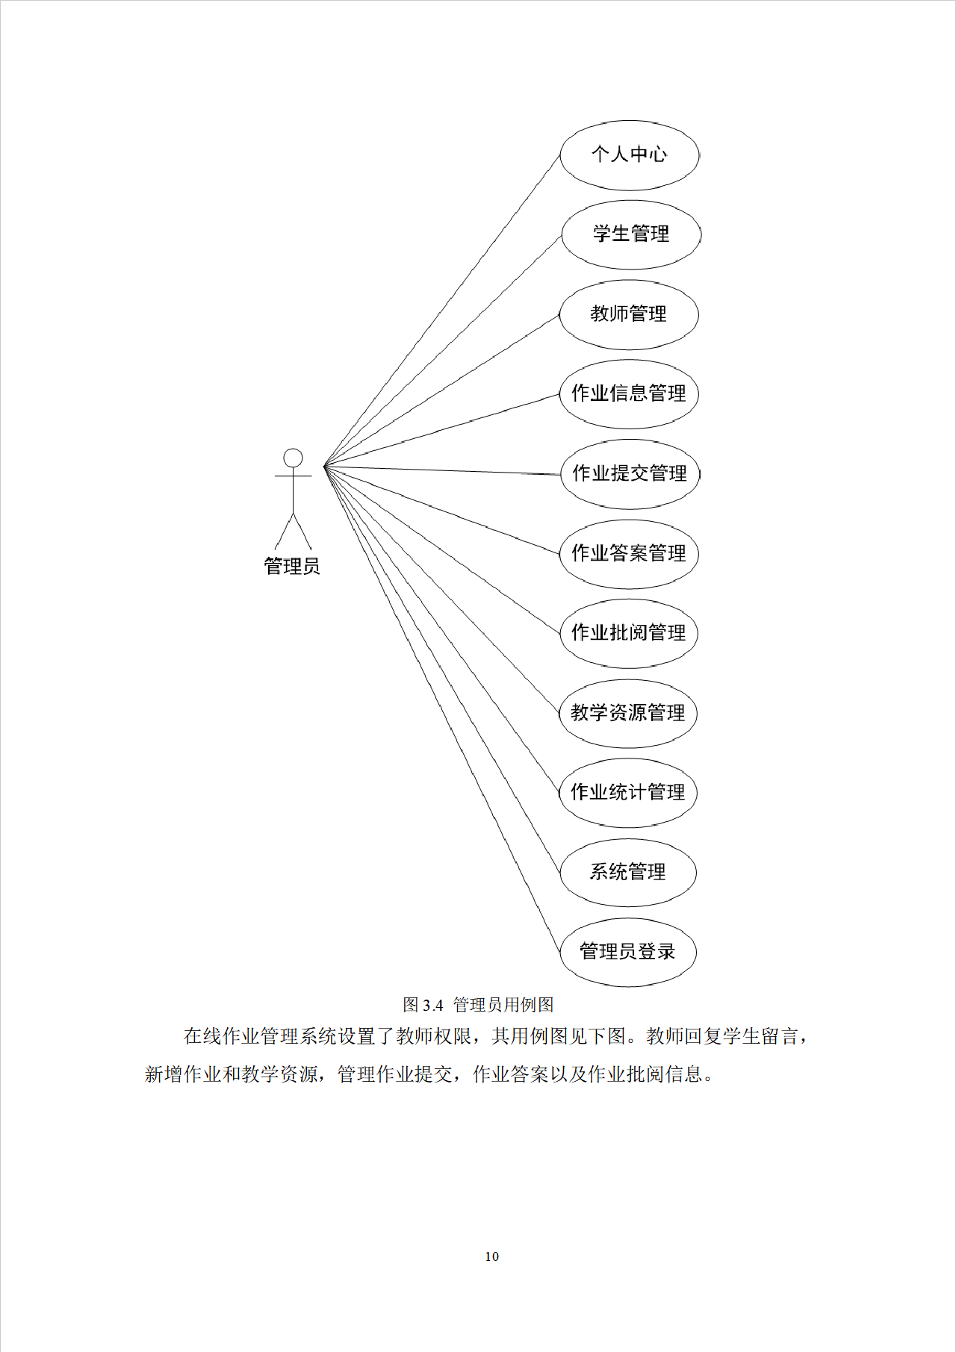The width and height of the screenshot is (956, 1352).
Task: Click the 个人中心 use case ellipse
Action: [630, 155]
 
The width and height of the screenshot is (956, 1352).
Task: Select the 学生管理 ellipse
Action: [631, 234]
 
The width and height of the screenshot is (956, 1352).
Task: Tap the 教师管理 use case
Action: [629, 314]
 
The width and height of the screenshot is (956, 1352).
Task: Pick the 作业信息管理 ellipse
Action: [629, 394]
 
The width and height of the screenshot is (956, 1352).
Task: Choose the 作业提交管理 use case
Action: [630, 474]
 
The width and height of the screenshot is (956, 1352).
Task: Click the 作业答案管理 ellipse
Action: [629, 554]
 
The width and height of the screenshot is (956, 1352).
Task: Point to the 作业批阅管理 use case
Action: [629, 633]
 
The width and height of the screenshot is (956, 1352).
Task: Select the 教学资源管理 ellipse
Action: [628, 713]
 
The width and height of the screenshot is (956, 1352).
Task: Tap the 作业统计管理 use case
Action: [628, 793]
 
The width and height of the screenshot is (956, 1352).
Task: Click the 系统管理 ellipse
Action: [628, 872]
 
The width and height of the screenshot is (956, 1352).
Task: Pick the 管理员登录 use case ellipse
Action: [627, 952]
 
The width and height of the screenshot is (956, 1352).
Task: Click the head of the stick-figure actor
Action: [294, 458]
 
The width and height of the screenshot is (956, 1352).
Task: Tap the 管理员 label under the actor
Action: [292, 567]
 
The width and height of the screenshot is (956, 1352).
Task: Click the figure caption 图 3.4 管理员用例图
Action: [478, 1005]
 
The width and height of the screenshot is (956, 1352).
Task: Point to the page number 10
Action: [491, 1256]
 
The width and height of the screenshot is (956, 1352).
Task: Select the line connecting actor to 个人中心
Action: [442, 311]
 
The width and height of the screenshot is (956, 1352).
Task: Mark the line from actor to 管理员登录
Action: [442, 710]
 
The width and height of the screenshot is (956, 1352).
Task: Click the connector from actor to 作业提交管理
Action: [442, 470]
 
